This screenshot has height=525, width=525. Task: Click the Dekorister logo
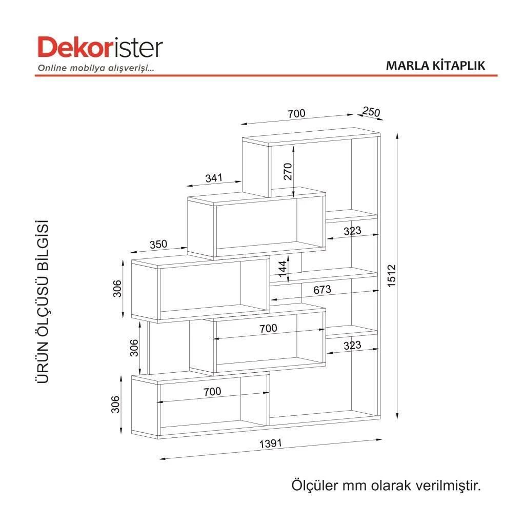[x=100, y=48]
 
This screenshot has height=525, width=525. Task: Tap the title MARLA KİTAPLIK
[x=435, y=66]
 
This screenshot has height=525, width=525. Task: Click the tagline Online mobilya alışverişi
[x=96, y=68]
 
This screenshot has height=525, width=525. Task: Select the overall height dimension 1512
[x=391, y=275]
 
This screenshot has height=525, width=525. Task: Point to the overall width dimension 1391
[x=271, y=443]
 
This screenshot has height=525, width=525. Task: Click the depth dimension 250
[x=371, y=111]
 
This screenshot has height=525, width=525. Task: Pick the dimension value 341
[x=214, y=178]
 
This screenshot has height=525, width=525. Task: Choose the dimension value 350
[x=158, y=244]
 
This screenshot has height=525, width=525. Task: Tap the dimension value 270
[x=288, y=171]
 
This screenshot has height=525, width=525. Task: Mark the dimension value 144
[x=282, y=269]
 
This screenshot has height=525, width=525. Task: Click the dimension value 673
[x=322, y=290]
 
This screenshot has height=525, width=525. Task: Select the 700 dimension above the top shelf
[x=296, y=113]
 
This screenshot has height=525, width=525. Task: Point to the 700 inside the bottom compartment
[x=212, y=391]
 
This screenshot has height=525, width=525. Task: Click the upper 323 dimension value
[x=352, y=231]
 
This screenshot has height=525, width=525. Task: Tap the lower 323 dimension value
[x=352, y=345]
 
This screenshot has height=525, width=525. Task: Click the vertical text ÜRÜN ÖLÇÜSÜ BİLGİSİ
[x=43, y=301]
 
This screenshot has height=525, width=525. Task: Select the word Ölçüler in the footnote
[x=315, y=485]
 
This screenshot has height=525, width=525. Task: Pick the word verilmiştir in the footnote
[x=448, y=485]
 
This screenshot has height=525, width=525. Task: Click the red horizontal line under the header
[x=266, y=76]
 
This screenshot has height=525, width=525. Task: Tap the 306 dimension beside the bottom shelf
[x=115, y=404]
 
